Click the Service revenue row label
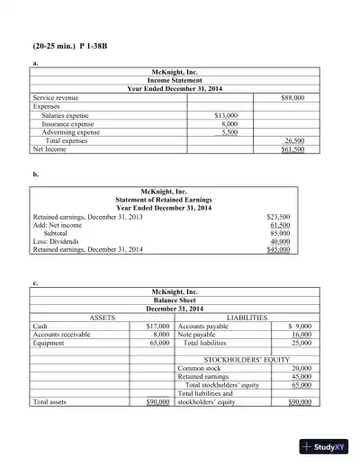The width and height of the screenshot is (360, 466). point(55,96)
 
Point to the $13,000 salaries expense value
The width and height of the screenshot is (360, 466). point(225,115)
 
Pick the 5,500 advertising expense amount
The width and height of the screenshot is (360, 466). point(229,132)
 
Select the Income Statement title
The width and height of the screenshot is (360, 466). point(170,79)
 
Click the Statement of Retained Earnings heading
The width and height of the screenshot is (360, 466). point(170,200)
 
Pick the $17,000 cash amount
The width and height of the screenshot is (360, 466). point(157,327)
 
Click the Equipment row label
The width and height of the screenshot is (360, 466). point(50,343)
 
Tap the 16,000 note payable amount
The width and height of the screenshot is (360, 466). point(301,335)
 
